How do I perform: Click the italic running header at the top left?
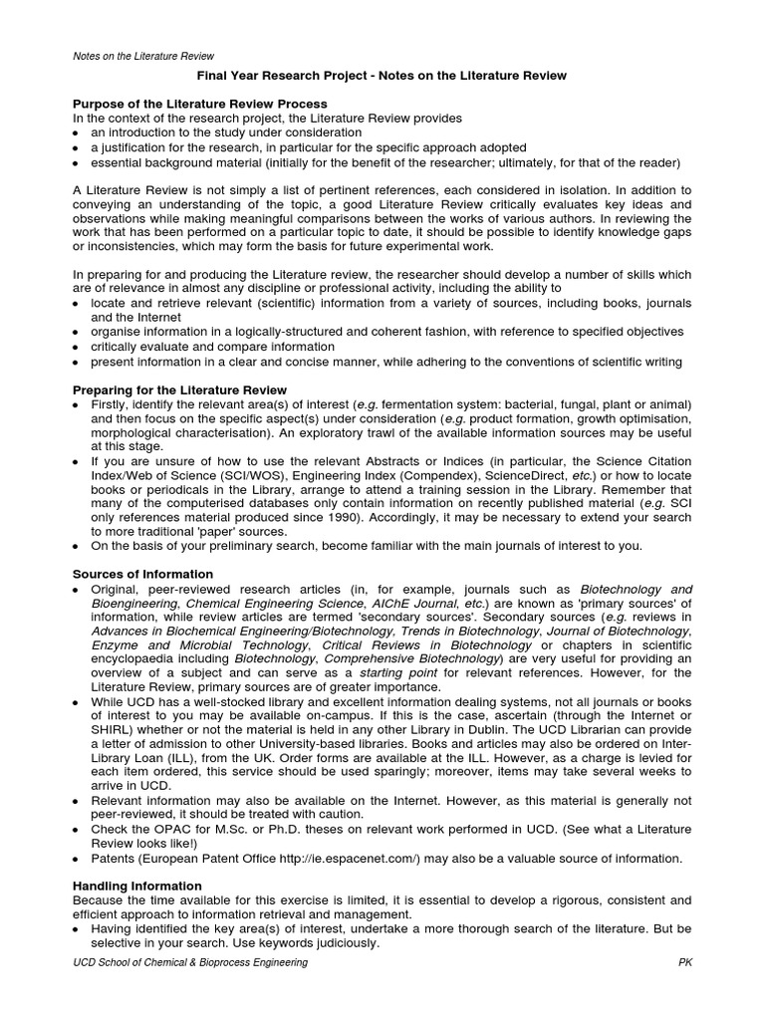pos(144,56)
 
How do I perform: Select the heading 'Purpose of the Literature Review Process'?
pos(200,104)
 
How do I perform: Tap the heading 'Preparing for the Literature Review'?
pos(180,389)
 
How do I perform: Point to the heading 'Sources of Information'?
pos(143,574)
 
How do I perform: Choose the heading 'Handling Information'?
pos(137,886)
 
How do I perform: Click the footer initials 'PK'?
pos(683,963)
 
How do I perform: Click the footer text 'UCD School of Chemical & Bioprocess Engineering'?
pos(191,963)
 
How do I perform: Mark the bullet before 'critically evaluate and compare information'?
pos(79,347)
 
